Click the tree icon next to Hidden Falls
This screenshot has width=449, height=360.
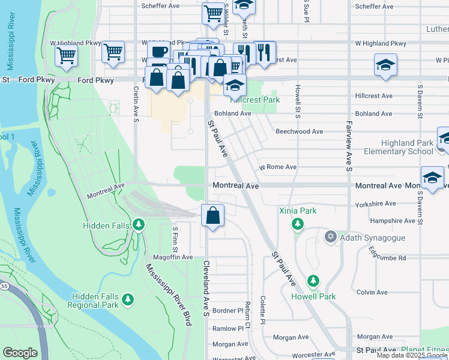click(139, 225)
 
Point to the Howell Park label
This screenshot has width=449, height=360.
click(313, 296)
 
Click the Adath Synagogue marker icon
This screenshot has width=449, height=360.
click(330, 238)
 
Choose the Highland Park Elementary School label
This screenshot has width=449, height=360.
click(406, 147)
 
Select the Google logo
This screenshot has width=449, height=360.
click(20, 353)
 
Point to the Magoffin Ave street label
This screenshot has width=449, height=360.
click(173, 257)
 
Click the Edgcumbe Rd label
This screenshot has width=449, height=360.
click(388, 257)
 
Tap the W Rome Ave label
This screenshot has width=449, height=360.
click(277, 167)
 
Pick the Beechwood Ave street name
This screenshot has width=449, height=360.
click(299, 131)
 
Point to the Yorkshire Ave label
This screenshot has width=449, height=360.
click(390, 204)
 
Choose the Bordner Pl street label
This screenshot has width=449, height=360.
click(227, 311)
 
